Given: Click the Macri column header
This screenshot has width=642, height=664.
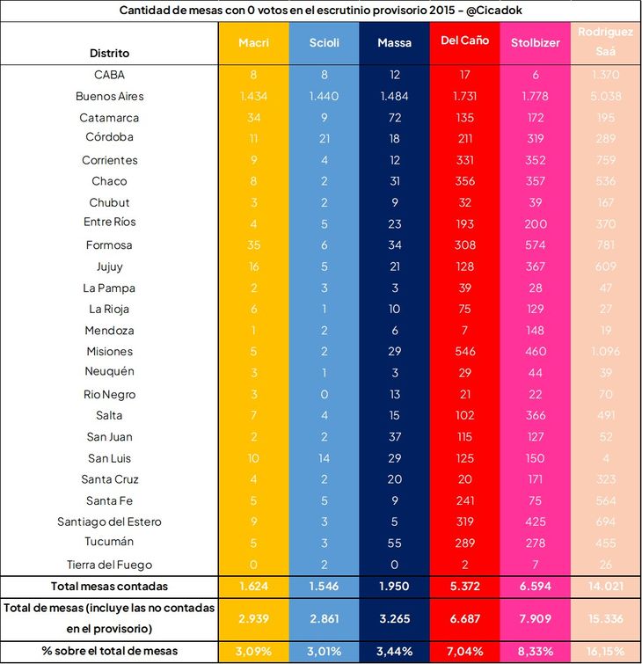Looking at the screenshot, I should [x=253, y=43].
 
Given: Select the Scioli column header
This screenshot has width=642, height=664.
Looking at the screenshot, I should [x=324, y=43].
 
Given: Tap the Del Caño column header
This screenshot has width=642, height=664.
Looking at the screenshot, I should [x=464, y=43].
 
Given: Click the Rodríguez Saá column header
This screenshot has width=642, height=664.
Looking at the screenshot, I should [x=605, y=42].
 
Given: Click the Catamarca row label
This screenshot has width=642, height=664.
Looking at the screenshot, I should [x=110, y=118].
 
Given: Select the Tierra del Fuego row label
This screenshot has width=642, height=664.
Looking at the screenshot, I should [x=110, y=564].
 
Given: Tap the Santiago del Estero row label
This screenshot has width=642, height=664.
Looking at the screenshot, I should [x=110, y=522].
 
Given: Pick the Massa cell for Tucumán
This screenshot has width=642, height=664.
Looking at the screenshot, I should [x=394, y=543].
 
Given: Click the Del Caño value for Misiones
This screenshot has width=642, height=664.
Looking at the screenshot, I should [x=464, y=351].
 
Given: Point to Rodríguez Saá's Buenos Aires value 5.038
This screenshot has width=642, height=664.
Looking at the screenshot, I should [x=605, y=96].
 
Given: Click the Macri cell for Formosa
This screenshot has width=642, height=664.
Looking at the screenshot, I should [x=253, y=245].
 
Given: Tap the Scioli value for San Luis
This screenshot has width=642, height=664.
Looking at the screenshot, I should [x=324, y=458].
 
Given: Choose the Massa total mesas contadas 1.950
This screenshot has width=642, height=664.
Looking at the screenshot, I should [x=394, y=586].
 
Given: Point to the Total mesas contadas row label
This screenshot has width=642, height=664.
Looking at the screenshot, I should [x=110, y=586].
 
